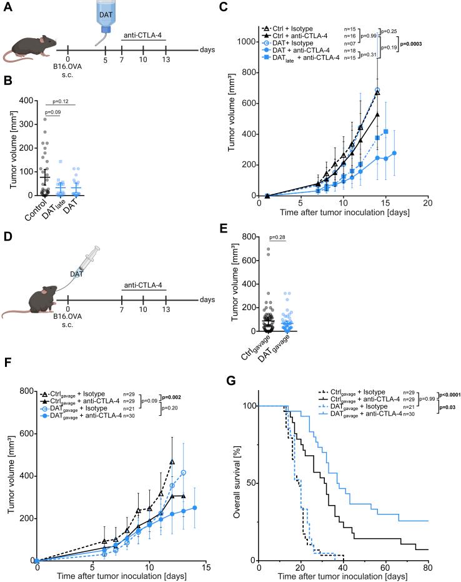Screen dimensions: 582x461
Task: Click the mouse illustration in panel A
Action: click(26, 49)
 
